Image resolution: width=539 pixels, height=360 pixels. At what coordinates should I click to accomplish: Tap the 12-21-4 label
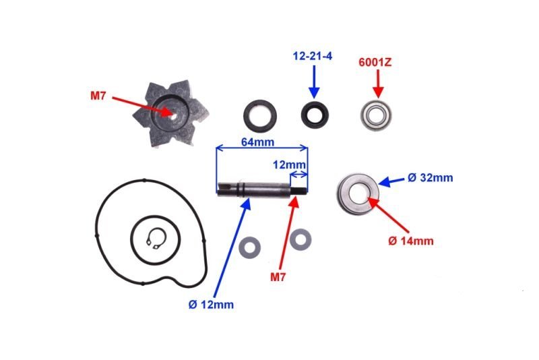pos(313,56)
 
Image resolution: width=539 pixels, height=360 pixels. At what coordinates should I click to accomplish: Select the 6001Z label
pos(375,63)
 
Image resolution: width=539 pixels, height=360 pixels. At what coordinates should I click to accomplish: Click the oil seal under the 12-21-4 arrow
pos(315,115)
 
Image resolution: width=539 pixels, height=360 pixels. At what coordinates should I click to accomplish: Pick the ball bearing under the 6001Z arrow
pos(376,115)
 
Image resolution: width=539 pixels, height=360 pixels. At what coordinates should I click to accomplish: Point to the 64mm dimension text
pos(258,142)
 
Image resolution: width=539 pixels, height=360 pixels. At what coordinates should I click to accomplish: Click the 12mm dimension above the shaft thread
pos(289,165)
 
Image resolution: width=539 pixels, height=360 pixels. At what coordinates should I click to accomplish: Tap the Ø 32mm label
pos(431,178)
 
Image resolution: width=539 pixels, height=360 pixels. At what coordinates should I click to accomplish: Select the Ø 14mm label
pos(411,241)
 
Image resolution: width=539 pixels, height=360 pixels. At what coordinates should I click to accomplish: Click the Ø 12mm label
pos(211,305)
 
